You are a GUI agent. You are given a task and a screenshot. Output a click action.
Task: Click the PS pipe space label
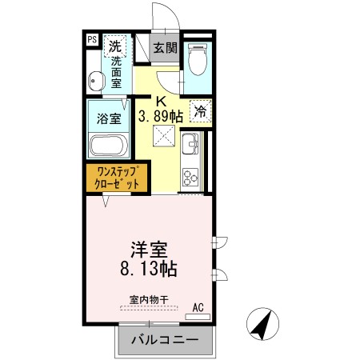[x=92, y=40]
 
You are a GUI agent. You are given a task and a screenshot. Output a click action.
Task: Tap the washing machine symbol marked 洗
[x=115, y=46]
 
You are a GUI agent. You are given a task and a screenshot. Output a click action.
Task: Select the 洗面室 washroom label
[x=116, y=73]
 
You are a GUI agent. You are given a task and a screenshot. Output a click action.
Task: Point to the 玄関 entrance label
[x=166, y=48]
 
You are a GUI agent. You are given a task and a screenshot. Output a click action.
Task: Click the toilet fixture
[x=198, y=59]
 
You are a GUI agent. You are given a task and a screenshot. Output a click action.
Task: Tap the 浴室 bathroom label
[x=109, y=118]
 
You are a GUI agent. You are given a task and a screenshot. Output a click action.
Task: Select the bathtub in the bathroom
[x=109, y=146]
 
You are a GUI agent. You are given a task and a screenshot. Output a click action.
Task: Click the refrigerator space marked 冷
[x=201, y=111]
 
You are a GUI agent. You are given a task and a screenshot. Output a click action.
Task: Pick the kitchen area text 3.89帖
[x=161, y=117]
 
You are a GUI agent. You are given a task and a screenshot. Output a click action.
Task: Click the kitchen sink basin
[x=190, y=143]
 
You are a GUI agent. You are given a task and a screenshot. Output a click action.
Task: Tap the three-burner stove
[x=190, y=177]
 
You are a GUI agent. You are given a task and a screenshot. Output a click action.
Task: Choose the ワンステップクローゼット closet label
[x=117, y=178]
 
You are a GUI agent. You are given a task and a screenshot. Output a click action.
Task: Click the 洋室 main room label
[x=149, y=250]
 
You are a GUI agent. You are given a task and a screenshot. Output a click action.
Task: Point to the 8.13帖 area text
[x=149, y=269]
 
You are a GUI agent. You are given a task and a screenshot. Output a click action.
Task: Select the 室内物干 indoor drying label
[x=149, y=300]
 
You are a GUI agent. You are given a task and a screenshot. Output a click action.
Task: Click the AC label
[x=198, y=307]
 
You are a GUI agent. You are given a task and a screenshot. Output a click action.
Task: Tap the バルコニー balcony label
[x=166, y=339]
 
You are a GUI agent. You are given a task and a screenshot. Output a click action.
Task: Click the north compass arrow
[x=262, y=324]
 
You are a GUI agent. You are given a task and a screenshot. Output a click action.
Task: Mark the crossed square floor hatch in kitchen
[x=164, y=136]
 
